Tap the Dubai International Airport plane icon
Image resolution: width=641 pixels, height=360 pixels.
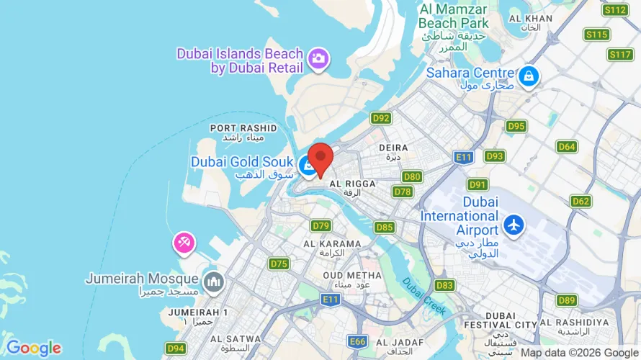coord(514,224)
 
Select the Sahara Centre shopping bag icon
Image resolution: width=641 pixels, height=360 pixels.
coord(529,75)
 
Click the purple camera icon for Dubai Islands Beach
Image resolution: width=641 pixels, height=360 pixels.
coord(318,58)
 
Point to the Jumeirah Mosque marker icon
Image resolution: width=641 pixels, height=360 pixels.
coord(212,281)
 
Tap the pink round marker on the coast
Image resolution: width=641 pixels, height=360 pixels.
coord(183,243)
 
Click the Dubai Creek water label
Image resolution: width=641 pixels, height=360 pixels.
coord(424,295)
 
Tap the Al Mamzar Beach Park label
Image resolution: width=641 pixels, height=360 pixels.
coord(453,16)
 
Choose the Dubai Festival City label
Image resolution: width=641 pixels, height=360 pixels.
coord(511,320)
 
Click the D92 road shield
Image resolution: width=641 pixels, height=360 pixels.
coord(381,117)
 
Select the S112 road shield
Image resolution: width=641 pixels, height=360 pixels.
coord(615,9)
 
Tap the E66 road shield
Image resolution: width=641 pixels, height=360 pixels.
coord(357,340)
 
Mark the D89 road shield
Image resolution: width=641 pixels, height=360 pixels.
coord(567,300)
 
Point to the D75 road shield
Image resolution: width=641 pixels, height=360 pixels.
coord(279,264)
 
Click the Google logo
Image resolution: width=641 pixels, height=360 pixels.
coord(33,348)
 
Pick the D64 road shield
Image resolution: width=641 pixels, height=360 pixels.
coord(567,147)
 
